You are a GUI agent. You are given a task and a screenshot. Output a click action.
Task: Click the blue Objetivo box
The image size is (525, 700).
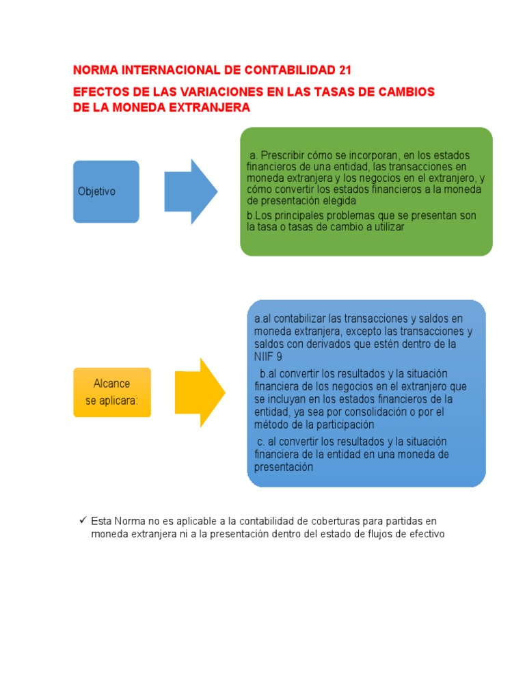pos(106,191)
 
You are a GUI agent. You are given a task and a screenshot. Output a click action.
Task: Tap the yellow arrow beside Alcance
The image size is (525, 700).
pos(200,392)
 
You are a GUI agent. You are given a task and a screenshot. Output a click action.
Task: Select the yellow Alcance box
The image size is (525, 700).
pos(111,392)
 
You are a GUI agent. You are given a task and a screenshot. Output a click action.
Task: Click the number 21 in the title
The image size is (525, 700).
pos(347,70)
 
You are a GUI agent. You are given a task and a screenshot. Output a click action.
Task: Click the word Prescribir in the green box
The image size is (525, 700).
pos(284,155)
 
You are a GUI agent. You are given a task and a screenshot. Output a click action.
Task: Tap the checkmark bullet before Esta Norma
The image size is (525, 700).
pos(82,521)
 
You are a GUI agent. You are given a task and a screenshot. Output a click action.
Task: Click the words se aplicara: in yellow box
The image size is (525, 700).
pos(111,401)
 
